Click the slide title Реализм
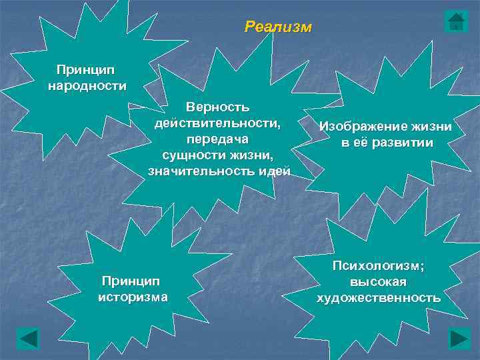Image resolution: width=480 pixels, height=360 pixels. pos(277,27)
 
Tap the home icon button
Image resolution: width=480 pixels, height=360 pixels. pos(456,21)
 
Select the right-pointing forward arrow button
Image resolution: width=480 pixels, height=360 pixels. pos(460,338)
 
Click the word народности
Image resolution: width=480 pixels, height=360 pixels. pos(87,85)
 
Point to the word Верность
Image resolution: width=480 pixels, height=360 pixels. pos(218,107)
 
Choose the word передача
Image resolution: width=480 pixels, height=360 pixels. pos(218,139)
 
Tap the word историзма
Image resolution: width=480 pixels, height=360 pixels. pos(133,296)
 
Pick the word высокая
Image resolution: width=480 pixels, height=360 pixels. pos(378,281)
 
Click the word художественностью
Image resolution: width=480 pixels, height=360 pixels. pos(378,297)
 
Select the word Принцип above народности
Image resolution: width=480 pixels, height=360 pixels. pos(85,69)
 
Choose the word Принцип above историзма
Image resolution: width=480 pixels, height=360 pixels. pos(131,280)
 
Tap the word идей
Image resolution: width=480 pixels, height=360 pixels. pos(275,171)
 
